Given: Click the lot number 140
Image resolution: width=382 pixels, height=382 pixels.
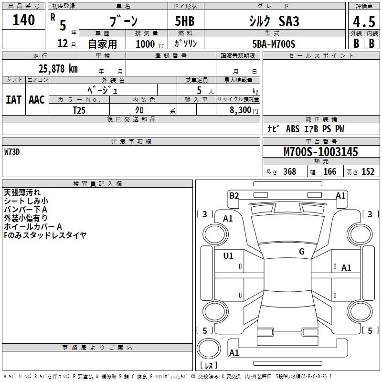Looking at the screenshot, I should click(x=24, y=20).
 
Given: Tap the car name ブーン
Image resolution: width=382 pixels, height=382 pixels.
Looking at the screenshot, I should click(x=123, y=21).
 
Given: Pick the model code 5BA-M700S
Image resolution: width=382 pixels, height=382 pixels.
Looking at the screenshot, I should click(x=274, y=44).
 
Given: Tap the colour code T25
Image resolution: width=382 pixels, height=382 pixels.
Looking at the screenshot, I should click(x=79, y=110).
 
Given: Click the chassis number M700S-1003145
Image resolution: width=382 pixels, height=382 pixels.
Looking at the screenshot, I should click(x=320, y=152).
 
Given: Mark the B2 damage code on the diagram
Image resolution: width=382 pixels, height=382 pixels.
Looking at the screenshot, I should click(x=234, y=195).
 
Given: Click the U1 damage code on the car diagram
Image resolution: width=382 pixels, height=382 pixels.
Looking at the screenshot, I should click(x=228, y=256).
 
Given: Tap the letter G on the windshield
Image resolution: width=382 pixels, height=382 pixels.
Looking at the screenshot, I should click(x=301, y=252).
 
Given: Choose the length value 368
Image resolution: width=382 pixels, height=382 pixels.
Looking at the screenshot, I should click(x=289, y=172).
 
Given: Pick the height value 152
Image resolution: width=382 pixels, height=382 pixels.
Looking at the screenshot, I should click(x=368, y=172).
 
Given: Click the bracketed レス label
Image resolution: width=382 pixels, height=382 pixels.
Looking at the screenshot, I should click(x=211, y=365).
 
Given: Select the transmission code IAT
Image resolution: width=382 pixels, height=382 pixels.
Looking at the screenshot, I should click(x=13, y=99).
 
